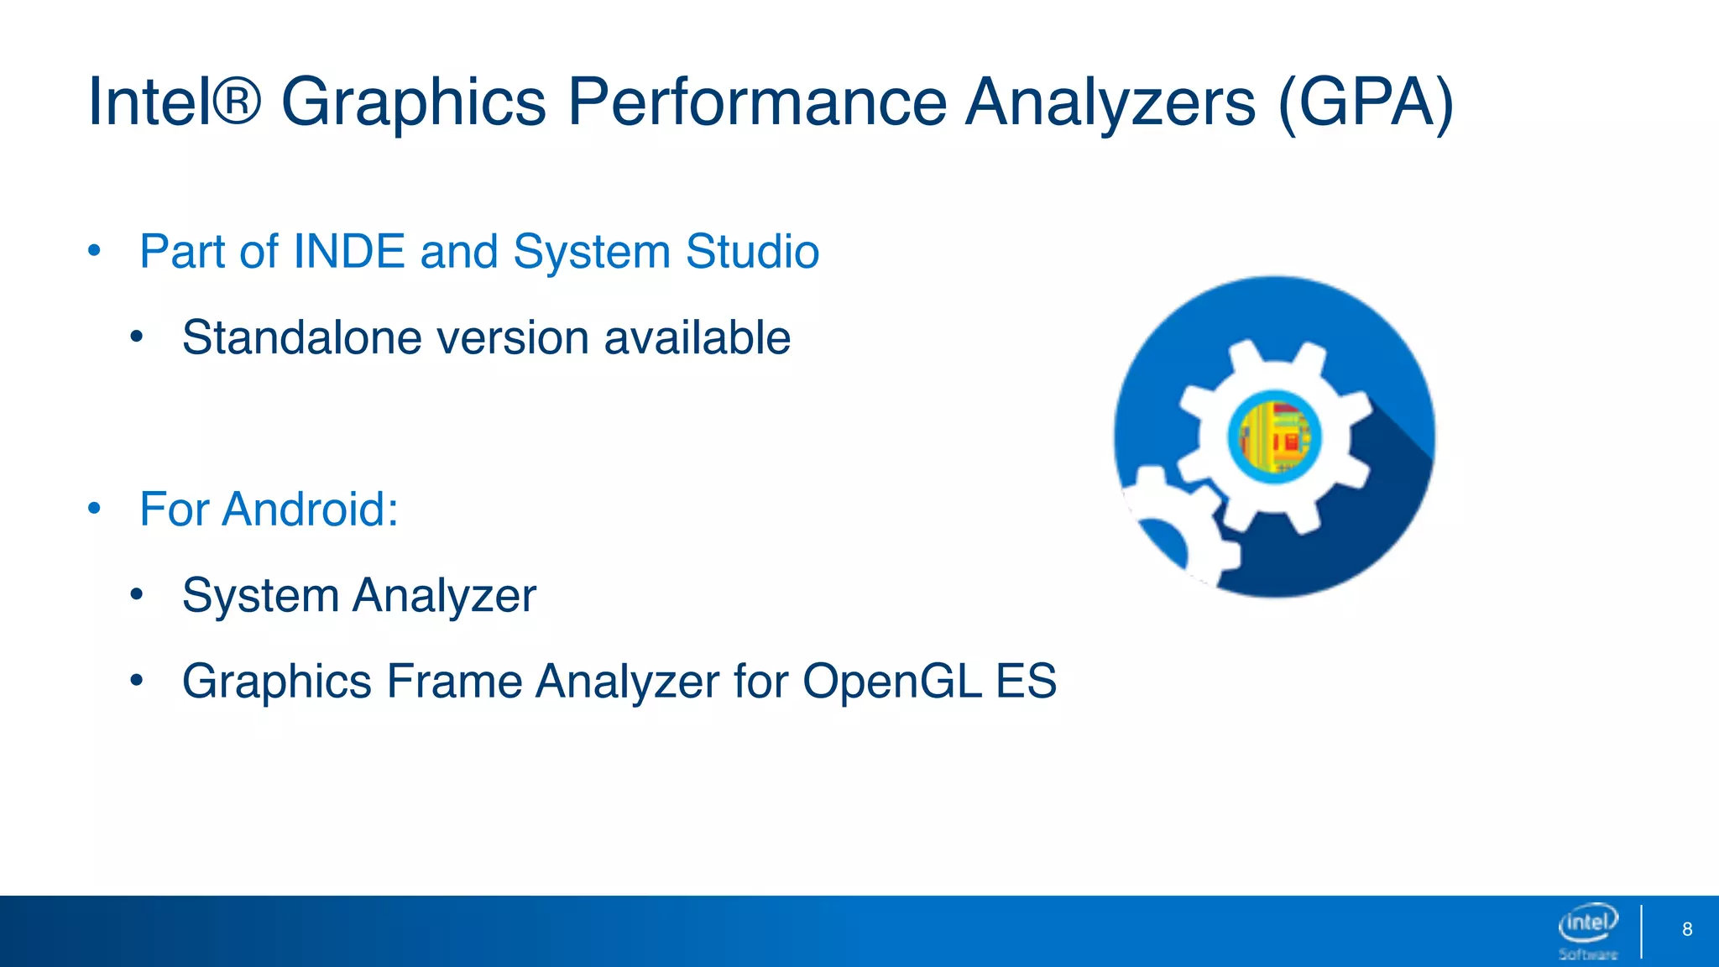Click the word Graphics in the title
pos(413,102)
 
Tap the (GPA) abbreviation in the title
pos(1366,102)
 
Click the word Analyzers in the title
pos(1110,102)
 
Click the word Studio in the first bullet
pos(751,251)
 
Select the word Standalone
pos(301,337)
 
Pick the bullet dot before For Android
pos(94,509)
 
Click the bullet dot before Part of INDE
pos(94,251)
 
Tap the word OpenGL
pos(892,681)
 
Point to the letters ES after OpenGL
pos(1026,681)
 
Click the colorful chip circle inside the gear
pos(1274,436)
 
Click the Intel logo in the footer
pos(1587,923)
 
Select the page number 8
pos(1687,929)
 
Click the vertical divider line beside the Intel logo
pos(1641,930)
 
